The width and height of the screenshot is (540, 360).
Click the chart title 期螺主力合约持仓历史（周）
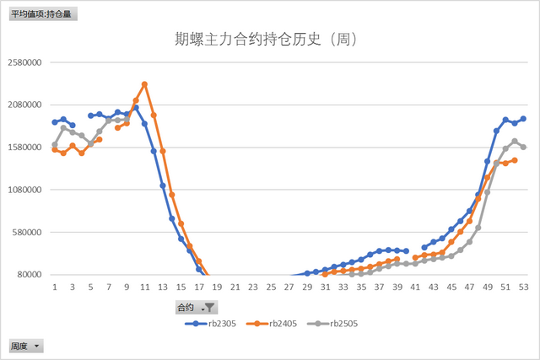click(267, 40)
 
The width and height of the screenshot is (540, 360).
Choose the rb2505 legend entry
click(343, 323)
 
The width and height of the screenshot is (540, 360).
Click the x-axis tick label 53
click(523, 287)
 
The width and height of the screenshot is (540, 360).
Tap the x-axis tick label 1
click(55, 287)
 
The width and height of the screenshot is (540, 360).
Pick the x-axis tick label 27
click(289, 287)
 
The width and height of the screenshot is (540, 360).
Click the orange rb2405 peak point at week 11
click(144, 84)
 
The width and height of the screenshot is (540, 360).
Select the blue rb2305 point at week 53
click(523, 119)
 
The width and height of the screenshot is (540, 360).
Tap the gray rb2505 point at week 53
click(523, 147)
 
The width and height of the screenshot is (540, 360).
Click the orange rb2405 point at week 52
click(515, 160)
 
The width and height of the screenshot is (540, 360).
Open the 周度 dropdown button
click(36, 346)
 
